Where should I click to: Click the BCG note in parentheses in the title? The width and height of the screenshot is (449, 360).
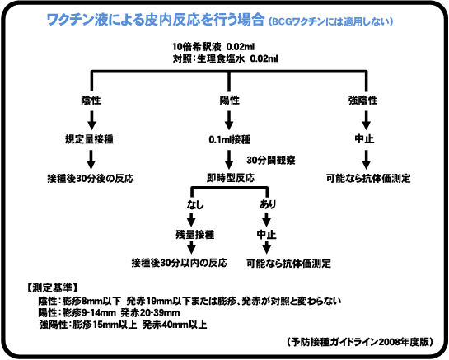[330, 21]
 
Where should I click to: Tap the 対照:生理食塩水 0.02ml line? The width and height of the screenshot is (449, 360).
[225, 58]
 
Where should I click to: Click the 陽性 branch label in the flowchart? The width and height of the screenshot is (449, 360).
[229, 101]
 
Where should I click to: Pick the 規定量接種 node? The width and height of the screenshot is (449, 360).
[89, 139]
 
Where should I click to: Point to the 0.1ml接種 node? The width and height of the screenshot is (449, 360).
[229, 139]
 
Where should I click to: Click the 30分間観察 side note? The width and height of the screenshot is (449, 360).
[271, 160]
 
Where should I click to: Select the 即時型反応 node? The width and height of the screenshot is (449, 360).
[231, 178]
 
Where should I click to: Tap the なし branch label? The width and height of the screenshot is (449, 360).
[195, 205]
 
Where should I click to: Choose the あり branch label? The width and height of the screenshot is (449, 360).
[268, 204]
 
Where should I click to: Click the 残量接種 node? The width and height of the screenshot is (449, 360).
[195, 235]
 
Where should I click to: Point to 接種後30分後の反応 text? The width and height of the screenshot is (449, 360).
[91, 179]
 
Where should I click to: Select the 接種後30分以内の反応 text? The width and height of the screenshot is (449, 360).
[180, 263]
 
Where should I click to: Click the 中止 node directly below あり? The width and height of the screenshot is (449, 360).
[266, 235]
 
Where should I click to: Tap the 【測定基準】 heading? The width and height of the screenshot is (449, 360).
[52, 288]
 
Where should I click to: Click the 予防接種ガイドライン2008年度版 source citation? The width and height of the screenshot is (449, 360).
[360, 342]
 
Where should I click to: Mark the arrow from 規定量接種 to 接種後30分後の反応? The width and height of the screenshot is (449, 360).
[91, 160]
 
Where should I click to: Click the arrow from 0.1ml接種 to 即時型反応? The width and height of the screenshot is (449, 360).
[228, 160]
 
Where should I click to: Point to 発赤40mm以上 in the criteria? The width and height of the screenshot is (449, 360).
[175, 325]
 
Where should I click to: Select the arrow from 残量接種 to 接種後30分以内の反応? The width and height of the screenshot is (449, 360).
[191, 247]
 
